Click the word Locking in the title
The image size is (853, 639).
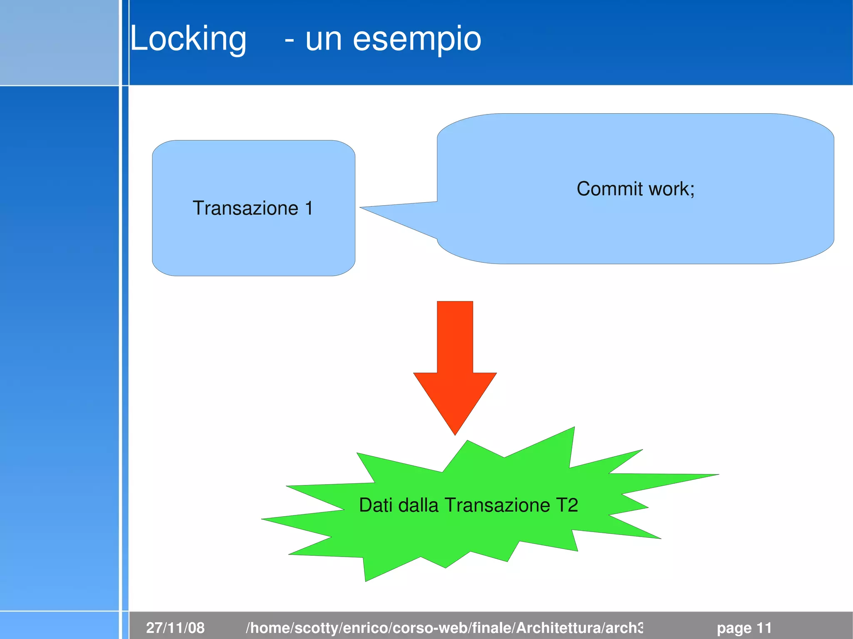(x=188, y=39)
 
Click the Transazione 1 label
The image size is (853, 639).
(x=252, y=208)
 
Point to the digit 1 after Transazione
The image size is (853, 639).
(x=309, y=208)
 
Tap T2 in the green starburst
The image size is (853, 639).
(x=567, y=505)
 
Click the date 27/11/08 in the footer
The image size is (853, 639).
(x=175, y=627)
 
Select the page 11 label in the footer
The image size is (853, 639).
(x=744, y=627)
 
